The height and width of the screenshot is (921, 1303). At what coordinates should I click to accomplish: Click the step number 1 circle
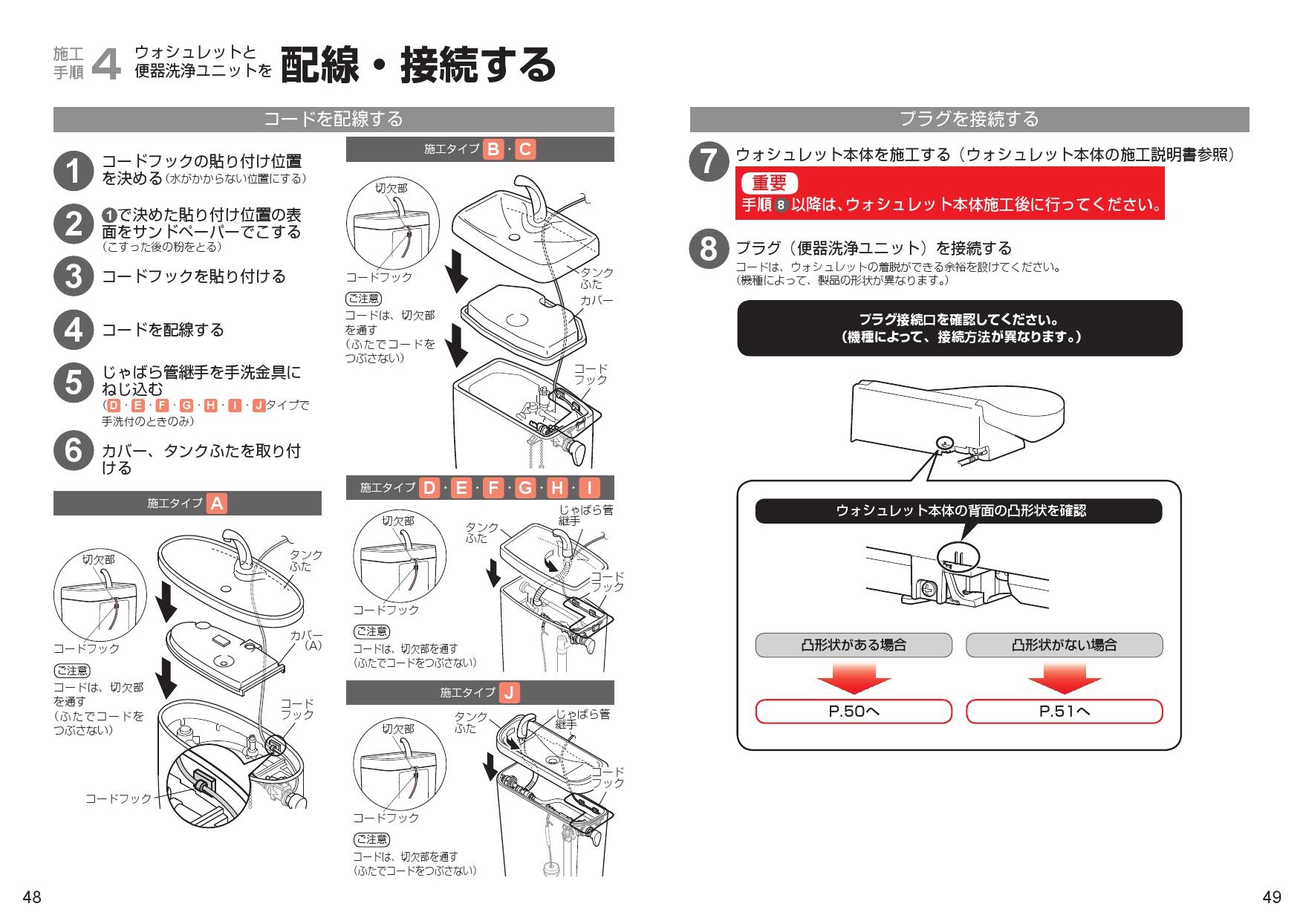(73, 170)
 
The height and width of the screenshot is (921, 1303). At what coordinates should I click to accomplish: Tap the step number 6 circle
(73, 452)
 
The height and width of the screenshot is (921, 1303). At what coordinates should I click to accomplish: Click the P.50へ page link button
(854, 712)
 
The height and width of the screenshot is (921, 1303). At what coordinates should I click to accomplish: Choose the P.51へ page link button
(1064, 712)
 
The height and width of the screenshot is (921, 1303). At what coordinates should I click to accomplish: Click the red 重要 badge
(769, 183)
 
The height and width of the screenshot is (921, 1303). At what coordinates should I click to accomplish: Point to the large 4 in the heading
(106, 64)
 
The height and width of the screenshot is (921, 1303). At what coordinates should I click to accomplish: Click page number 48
(32, 897)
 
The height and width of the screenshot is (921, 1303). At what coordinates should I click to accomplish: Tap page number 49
(1271, 897)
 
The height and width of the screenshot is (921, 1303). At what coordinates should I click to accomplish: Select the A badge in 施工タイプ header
(216, 504)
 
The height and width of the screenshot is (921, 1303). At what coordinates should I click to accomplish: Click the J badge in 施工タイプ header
(509, 693)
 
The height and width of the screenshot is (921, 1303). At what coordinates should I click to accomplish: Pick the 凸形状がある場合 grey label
(854, 645)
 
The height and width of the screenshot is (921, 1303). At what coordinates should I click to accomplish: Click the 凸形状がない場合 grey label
(1064, 645)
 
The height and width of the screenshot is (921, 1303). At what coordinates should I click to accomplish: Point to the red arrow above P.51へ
(1064, 677)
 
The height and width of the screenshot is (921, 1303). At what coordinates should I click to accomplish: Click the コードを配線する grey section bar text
(334, 119)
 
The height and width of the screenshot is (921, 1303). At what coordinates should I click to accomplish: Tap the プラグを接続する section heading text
(969, 119)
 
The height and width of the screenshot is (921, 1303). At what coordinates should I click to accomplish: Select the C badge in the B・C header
(524, 149)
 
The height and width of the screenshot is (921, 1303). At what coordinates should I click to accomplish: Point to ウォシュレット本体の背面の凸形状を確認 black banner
(958, 511)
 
